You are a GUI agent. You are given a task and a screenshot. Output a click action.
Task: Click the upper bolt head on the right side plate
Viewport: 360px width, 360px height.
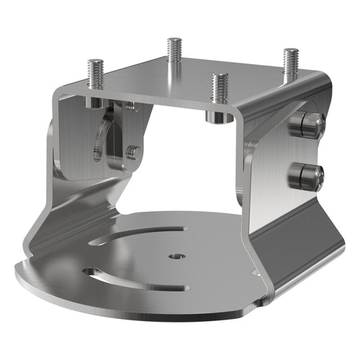[306, 125]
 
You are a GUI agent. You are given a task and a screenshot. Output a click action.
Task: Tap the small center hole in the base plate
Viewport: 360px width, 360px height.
[176, 256]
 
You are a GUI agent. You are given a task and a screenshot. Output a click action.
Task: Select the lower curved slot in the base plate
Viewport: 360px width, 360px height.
[133, 277]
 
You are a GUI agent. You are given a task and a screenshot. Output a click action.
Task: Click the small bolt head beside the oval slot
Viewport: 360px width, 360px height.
[132, 152]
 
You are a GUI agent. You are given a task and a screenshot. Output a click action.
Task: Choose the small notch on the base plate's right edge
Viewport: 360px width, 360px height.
[253, 272]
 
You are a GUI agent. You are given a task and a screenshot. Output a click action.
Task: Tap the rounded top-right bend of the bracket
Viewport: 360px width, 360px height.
[317, 83]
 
